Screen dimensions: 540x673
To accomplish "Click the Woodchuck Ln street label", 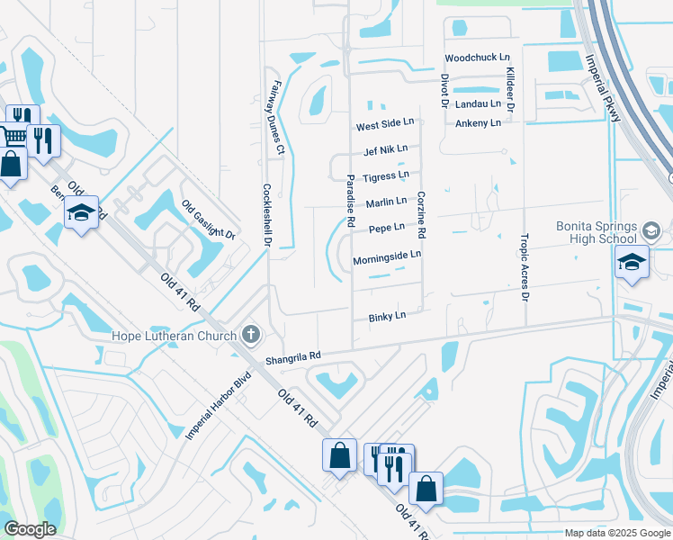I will [x=477, y=58].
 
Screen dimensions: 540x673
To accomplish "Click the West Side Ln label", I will [x=384, y=124].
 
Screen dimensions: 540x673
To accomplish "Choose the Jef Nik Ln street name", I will [x=385, y=149].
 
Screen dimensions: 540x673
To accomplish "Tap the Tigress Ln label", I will [x=385, y=175].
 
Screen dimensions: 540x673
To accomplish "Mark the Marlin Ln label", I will [x=386, y=202].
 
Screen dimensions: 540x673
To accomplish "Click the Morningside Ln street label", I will [x=387, y=256].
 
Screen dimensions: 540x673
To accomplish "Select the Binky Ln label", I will [x=387, y=316].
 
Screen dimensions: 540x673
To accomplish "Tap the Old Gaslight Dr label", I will [x=208, y=220].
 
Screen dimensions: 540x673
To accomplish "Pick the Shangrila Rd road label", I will [x=292, y=358].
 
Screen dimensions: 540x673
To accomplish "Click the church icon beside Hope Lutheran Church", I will [x=251, y=336].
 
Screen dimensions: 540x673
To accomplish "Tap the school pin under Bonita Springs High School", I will [x=632, y=262].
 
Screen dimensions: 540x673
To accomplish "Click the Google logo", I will [x=30, y=529].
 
